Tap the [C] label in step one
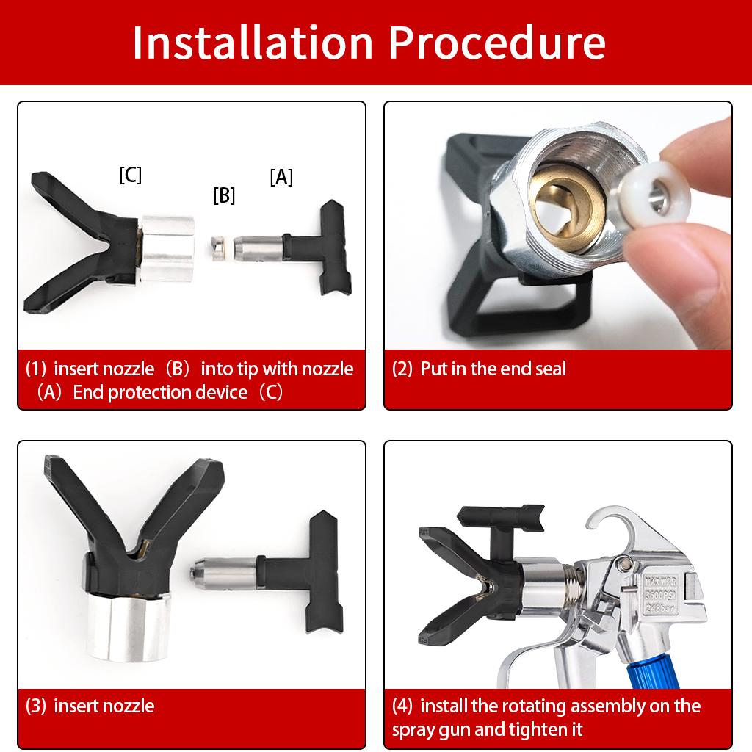point(130,175)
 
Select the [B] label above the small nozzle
point(224,195)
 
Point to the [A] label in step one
point(281,177)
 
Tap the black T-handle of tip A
point(327,246)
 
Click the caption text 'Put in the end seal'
point(493,369)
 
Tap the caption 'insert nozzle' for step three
point(104,706)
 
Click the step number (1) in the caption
point(37,369)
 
